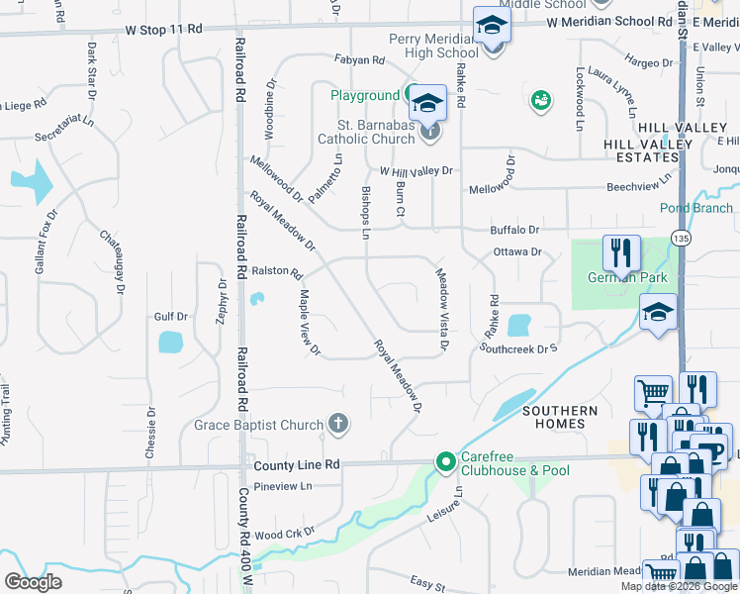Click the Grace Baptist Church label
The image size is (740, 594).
click(x=258, y=426)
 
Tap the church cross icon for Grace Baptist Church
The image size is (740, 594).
click(x=338, y=425)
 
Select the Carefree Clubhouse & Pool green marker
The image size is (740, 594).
click(x=445, y=461)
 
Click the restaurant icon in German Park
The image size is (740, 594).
click(x=621, y=253)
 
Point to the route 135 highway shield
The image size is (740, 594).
click(x=680, y=239)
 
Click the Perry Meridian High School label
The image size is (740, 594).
click(x=433, y=46)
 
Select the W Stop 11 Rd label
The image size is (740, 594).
click(x=163, y=30)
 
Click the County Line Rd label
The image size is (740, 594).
click(x=297, y=464)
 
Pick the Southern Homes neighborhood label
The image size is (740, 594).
click(x=560, y=417)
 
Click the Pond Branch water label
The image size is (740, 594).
click(x=696, y=208)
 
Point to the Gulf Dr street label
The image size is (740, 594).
click(x=170, y=317)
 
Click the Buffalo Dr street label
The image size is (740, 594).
click(x=514, y=230)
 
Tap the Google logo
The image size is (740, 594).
click(x=33, y=581)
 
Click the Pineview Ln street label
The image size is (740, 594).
click(x=282, y=486)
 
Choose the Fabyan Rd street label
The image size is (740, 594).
click(x=358, y=60)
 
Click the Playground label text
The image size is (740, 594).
click(x=364, y=95)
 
